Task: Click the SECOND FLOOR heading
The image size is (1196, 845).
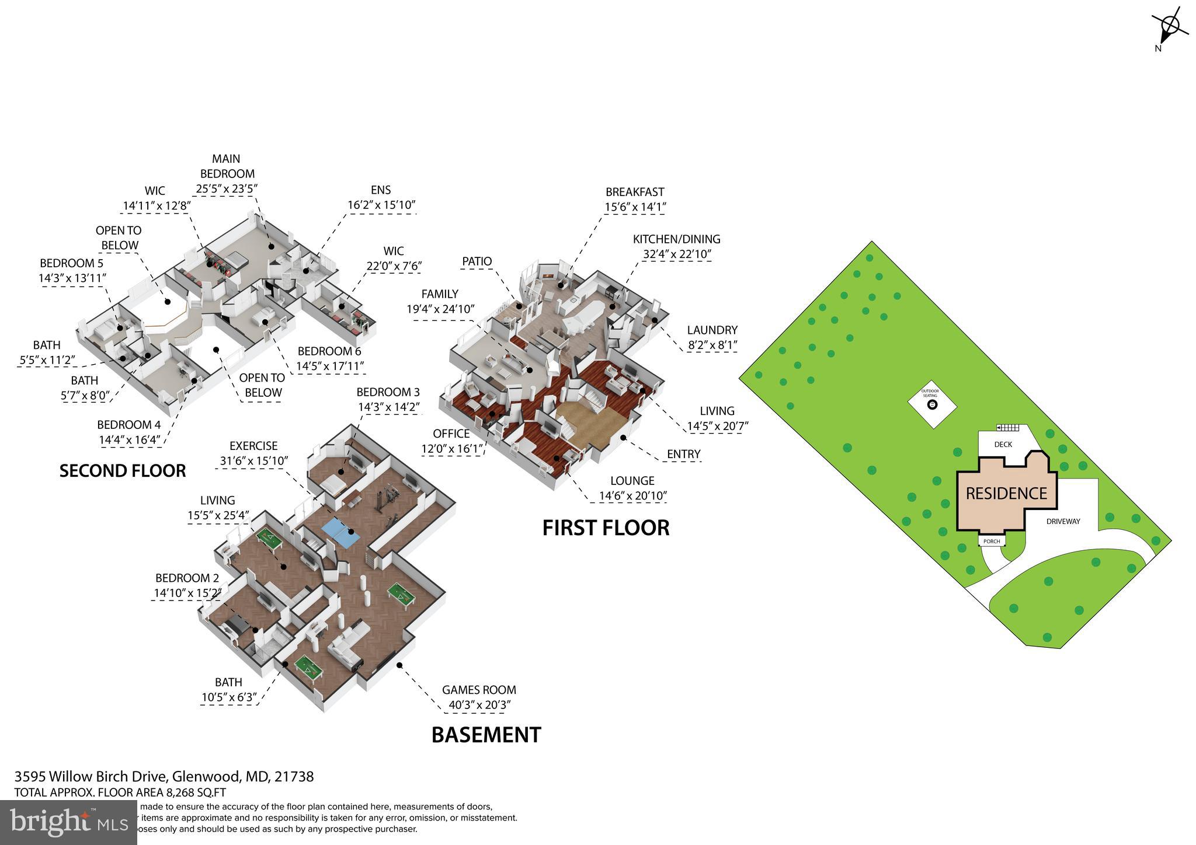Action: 123,471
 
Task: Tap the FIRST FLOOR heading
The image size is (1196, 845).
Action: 606,528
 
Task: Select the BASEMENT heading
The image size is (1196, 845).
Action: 486,735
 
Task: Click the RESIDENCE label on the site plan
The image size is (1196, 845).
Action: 1006,494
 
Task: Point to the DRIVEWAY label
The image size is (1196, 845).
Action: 1063,521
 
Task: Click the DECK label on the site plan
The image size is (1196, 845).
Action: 1003,445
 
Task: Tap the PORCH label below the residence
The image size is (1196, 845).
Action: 992,542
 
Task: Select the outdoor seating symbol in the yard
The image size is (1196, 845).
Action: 932,404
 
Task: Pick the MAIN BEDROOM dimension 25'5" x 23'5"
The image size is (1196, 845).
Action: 227,188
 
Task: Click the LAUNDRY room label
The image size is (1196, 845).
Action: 712,330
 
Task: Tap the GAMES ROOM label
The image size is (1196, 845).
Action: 479,690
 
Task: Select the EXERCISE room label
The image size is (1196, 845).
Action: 253,446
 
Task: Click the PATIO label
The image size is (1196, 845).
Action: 477,261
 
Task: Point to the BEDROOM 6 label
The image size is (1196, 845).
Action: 329,351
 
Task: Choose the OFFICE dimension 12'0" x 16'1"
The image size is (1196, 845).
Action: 451,449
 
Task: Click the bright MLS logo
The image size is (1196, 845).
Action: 69,822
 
